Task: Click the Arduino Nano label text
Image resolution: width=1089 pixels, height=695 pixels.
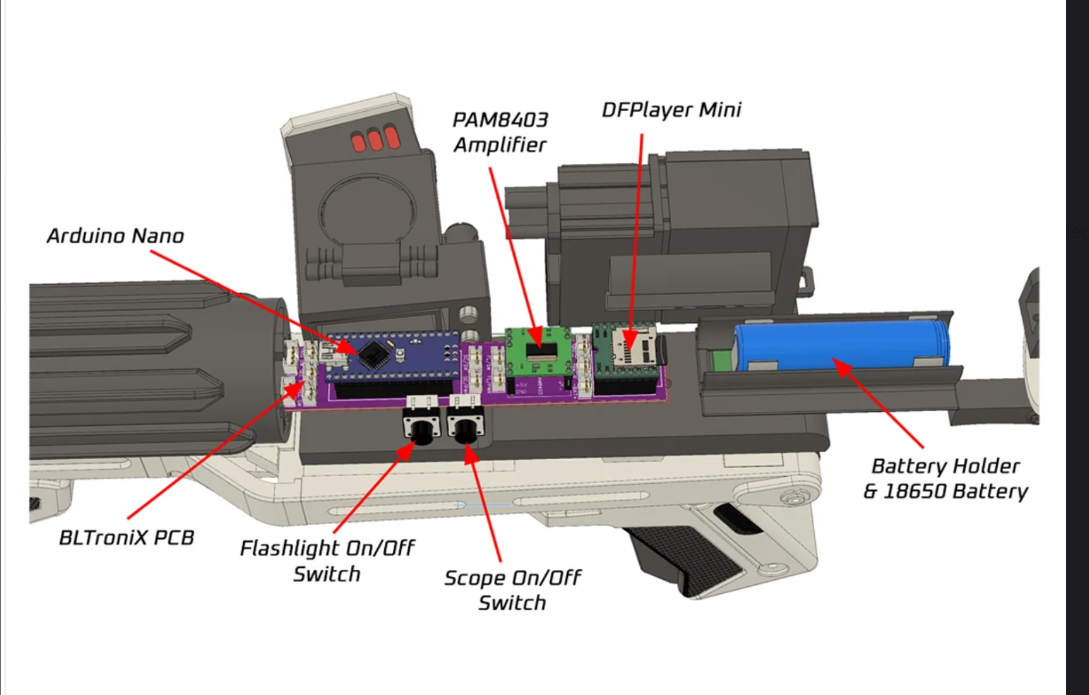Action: coord(115,236)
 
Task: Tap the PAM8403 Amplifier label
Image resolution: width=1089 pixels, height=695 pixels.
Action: coord(500,132)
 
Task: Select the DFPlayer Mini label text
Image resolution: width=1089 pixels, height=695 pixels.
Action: coord(671,110)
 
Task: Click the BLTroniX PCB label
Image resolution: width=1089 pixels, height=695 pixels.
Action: coord(126,538)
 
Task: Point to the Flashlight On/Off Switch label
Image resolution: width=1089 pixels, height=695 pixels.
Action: coord(327,561)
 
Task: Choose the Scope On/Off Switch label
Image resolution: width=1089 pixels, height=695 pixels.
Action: coord(512,590)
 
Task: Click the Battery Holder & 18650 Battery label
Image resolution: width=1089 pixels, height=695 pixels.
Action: coord(945,479)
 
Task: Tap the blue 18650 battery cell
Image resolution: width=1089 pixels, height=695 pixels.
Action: coord(840,345)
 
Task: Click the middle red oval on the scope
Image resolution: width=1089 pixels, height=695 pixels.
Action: coord(375,140)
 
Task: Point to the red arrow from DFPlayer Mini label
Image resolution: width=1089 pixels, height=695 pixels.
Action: coord(636,234)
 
